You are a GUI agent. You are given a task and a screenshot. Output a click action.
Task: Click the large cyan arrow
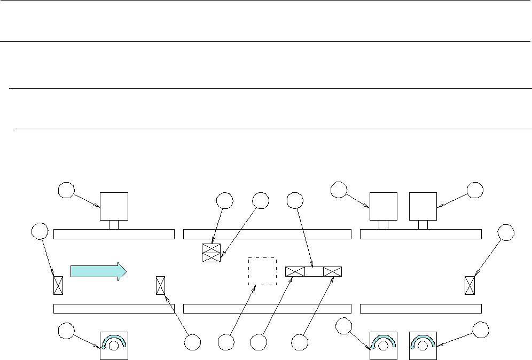click(x=98, y=271)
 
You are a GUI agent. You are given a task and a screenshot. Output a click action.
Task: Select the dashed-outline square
click(x=262, y=271)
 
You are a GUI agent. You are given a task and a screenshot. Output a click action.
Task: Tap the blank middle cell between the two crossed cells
click(x=314, y=271)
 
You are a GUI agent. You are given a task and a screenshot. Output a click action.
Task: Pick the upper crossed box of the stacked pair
click(x=211, y=248)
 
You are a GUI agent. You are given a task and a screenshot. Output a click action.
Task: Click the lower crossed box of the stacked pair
click(x=211, y=257)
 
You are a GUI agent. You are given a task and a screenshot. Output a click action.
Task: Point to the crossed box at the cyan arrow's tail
click(x=58, y=285)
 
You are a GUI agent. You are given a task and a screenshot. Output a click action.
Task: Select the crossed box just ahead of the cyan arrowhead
click(x=160, y=285)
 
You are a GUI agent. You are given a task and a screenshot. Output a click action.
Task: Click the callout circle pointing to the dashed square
click(x=226, y=342)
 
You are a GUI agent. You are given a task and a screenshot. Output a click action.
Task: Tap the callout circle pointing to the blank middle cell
click(x=295, y=200)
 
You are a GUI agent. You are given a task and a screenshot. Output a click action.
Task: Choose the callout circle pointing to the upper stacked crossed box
click(x=225, y=200)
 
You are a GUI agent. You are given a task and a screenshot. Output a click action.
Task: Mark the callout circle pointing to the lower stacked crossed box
click(x=260, y=200)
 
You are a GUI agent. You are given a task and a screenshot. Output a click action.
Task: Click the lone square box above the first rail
click(x=114, y=206)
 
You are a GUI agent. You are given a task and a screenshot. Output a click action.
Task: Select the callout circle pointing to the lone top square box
click(x=66, y=190)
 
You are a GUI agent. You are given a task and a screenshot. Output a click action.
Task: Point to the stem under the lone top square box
click(x=114, y=225)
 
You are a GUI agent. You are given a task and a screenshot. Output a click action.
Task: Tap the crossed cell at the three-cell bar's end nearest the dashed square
click(x=295, y=271)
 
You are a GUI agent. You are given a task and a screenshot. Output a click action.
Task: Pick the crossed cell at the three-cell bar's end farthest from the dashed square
click(x=332, y=271)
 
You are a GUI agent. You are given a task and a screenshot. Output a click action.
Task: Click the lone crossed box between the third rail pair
click(x=470, y=285)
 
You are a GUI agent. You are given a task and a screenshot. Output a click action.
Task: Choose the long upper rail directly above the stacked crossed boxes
click(x=267, y=234)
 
